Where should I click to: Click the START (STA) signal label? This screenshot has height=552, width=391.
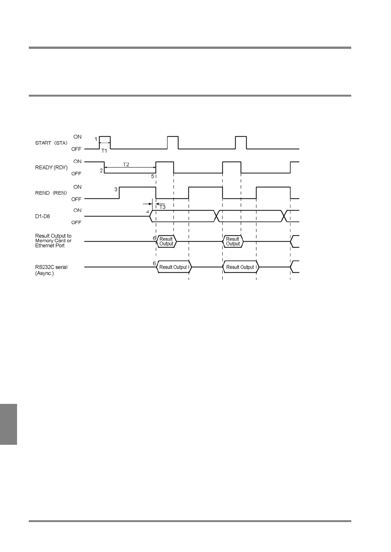click(x=51, y=143)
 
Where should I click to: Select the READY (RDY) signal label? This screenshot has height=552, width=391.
click(x=52, y=168)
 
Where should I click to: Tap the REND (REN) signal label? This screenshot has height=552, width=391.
click(x=51, y=193)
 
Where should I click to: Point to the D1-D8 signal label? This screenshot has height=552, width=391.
click(x=42, y=217)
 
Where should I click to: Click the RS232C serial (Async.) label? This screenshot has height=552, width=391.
click(x=51, y=270)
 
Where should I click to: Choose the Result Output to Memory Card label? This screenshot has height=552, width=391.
click(x=53, y=241)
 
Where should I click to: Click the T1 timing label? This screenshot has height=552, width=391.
click(x=104, y=151)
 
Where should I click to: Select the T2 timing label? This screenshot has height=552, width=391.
click(x=126, y=164)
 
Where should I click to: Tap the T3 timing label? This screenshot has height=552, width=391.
click(x=162, y=207)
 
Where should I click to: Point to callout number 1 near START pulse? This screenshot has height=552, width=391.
click(x=96, y=139)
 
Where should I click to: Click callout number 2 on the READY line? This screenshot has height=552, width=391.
click(x=101, y=170)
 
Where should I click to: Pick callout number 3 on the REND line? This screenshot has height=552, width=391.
click(x=116, y=189)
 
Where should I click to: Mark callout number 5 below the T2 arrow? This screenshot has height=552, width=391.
click(x=153, y=177)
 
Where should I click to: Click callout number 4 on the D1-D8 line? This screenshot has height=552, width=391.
click(x=148, y=212)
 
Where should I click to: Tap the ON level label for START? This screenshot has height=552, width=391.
click(x=77, y=137)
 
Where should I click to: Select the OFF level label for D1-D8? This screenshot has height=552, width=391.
click(x=76, y=222)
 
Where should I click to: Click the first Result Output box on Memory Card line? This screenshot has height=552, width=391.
click(x=166, y=241)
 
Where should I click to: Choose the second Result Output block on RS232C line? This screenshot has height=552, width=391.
click(x=240, y=267)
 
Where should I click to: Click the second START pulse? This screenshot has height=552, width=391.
click(x=173, y=142)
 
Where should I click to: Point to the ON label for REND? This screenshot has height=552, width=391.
click(x=77, y=187)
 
